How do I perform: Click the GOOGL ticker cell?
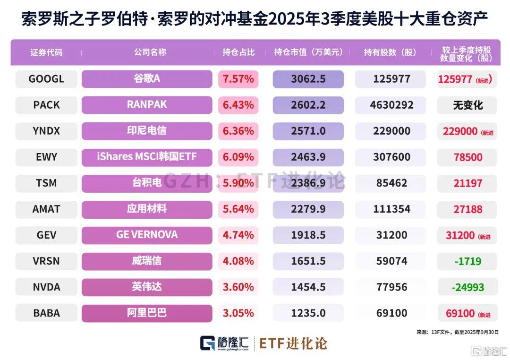point(46,79)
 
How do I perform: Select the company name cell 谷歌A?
point(147,79)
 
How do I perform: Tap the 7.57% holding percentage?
point(238,79)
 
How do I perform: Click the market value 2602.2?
point(308,105)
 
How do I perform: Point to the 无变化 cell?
point(467,105)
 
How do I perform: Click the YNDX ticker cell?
point(46,131)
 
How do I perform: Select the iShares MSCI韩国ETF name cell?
point(147,157)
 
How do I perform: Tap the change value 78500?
point(467,157)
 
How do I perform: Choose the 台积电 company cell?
point(147,183)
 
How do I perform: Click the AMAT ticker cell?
point(46,209)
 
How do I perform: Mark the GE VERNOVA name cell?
point(147,235)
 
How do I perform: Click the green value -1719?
point(467,261)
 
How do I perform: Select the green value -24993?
point(467,287)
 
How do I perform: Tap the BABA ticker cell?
point(46,313)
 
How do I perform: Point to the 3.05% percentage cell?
point(238,313)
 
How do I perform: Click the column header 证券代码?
point(46,52)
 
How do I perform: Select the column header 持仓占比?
point(238,52)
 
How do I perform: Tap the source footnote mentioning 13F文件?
point(457,333)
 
